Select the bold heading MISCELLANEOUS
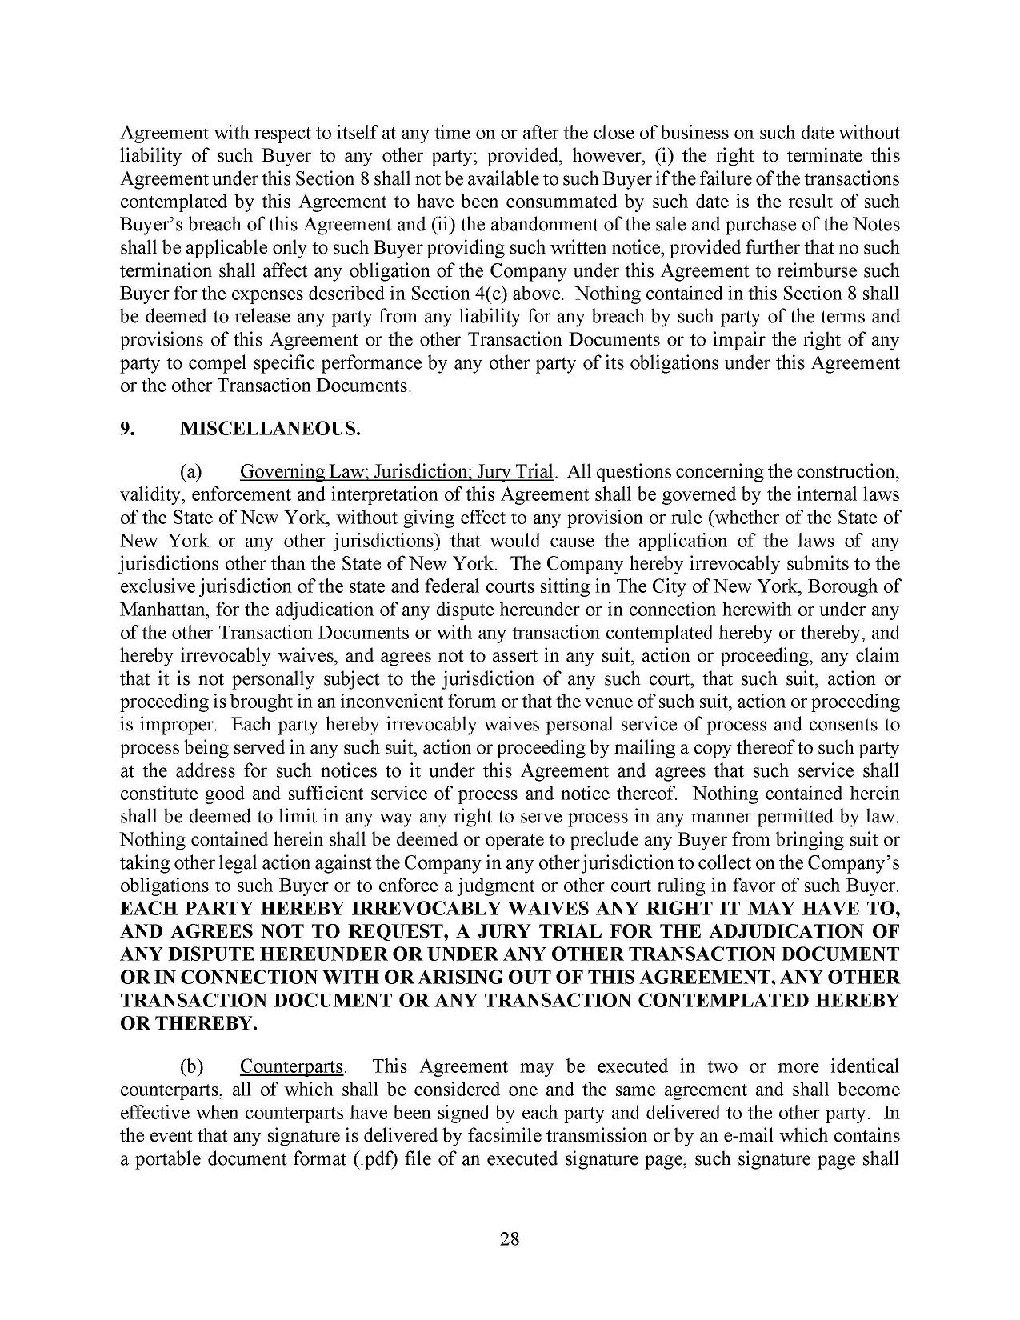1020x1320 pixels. coord(270,430)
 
